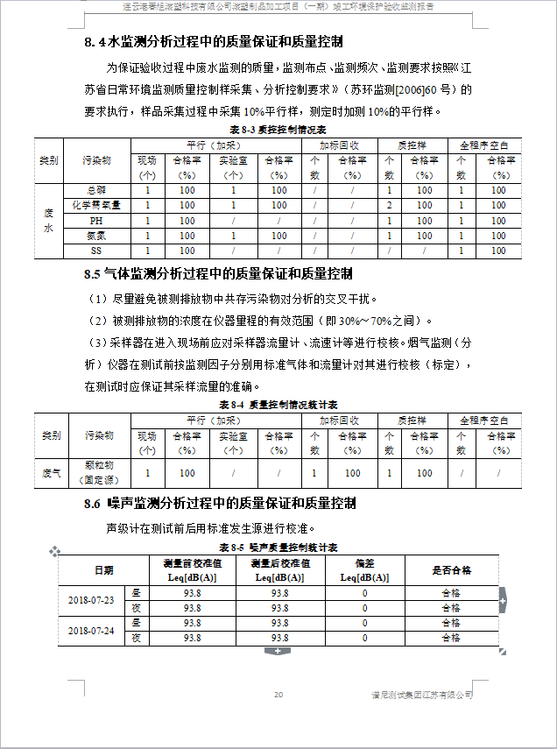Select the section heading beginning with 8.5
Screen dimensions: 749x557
(219, 273)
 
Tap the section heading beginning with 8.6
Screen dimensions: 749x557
(220, 503)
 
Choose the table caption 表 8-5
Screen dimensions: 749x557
(278, 547)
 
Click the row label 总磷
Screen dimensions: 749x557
(96, 190)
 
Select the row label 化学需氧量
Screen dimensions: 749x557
(96, 205)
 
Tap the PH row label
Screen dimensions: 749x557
(96, 221)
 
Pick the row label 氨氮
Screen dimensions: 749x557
(96, 236)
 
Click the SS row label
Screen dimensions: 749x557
(96, 251)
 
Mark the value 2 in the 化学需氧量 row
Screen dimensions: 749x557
(389, 205)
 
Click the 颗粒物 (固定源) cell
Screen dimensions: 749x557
(98, 472)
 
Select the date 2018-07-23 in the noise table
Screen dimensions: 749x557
(91, 600)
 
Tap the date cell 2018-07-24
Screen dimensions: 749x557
(91, 630)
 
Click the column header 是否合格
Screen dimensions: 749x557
(451, 570)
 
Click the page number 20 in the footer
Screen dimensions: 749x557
(278, 695)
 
